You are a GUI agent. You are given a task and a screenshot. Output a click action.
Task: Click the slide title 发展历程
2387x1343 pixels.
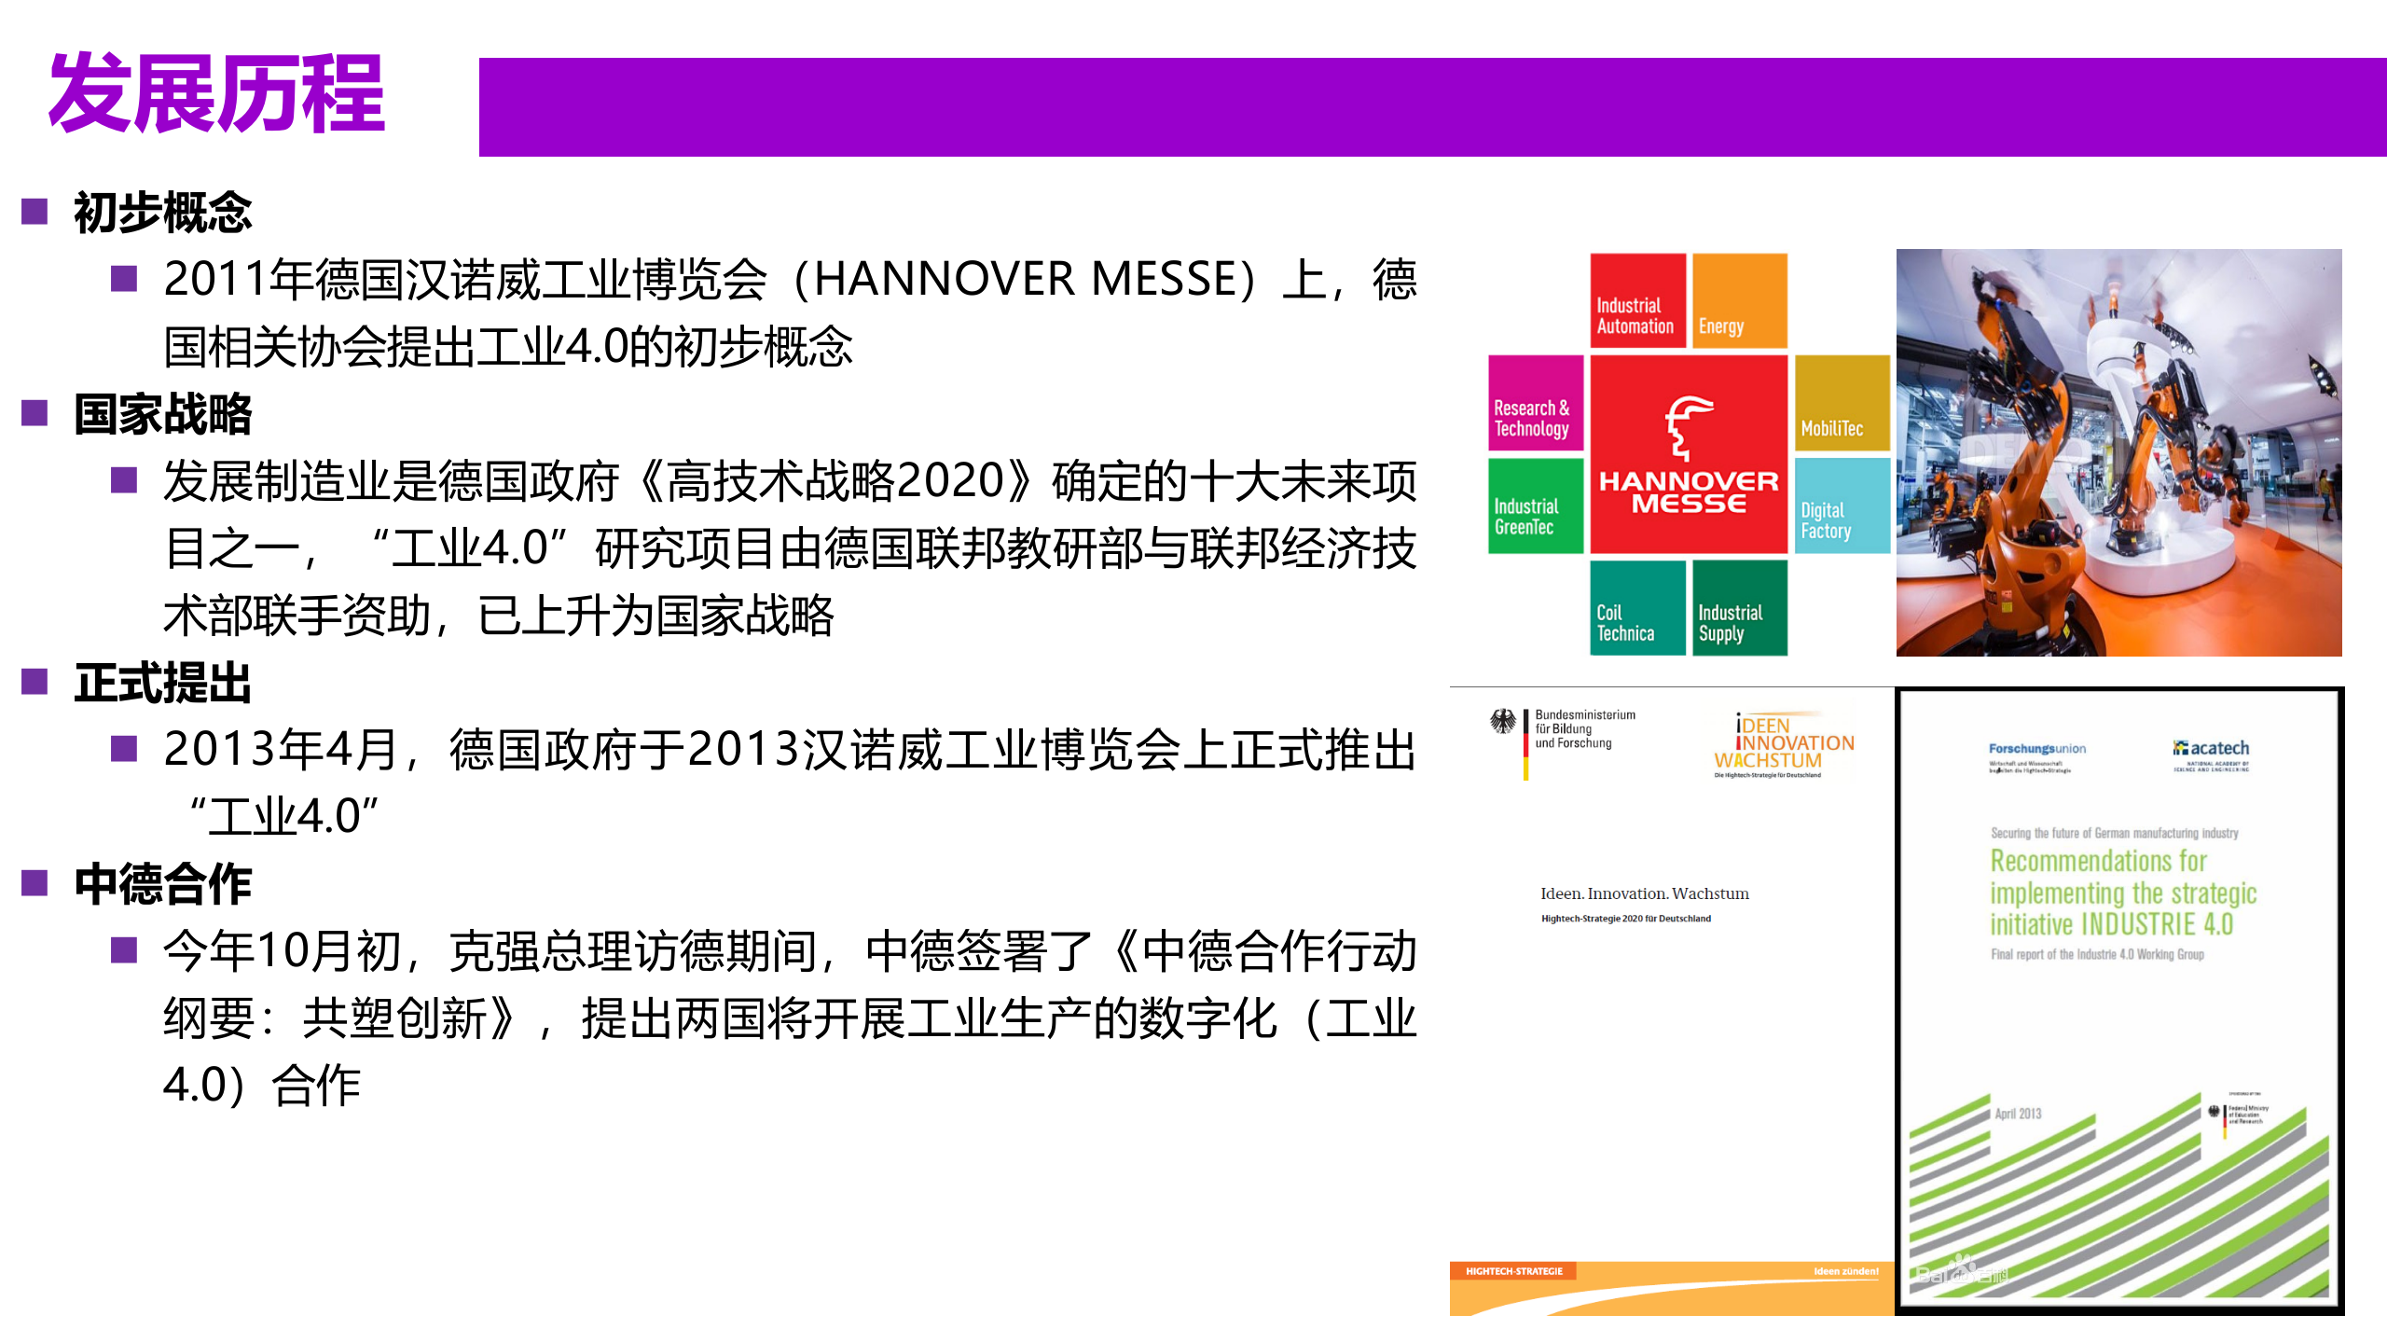[x=216, y=93]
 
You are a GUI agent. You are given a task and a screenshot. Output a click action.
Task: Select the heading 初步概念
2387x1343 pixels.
[x=163, y=213]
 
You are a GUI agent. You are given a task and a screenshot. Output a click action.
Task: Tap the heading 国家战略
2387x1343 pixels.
[x=163, y=414]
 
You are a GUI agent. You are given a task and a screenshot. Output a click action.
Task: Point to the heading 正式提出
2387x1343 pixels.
[x=163, y=683]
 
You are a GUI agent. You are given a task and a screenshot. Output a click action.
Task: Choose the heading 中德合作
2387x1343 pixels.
[x=163, y=884]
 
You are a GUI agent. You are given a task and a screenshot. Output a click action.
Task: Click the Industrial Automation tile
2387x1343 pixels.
[x=1637, y=301]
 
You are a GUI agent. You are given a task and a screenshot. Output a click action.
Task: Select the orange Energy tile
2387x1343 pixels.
[x=1740, y=301]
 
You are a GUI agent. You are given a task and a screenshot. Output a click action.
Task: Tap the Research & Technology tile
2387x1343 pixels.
[x=1535, y=403]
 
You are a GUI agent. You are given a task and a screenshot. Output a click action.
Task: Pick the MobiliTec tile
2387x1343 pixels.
[x=1842, y=403]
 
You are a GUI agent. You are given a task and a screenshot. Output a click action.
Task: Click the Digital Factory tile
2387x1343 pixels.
[x=1842, y=505]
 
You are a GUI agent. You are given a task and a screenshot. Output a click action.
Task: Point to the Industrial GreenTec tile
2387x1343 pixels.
[x=1535, y=505]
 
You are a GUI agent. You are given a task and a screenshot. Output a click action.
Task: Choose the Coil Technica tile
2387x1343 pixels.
[x=1637, y=608]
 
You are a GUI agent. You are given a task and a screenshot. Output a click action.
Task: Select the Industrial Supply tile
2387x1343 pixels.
[x=1740, y=608]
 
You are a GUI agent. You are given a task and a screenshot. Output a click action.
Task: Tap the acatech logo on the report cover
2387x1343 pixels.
[x=2211, y=748]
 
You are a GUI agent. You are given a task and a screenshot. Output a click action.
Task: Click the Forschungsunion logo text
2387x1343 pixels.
[x=2036, y=749]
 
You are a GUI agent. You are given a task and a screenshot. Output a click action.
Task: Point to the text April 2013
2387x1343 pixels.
[x=2018, y=1114]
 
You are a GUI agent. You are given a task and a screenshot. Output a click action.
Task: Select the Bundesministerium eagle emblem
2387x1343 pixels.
[x=1503, y=722]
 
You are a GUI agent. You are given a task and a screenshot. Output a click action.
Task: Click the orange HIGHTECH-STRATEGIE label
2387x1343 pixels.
[x=1513, y=1271]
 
